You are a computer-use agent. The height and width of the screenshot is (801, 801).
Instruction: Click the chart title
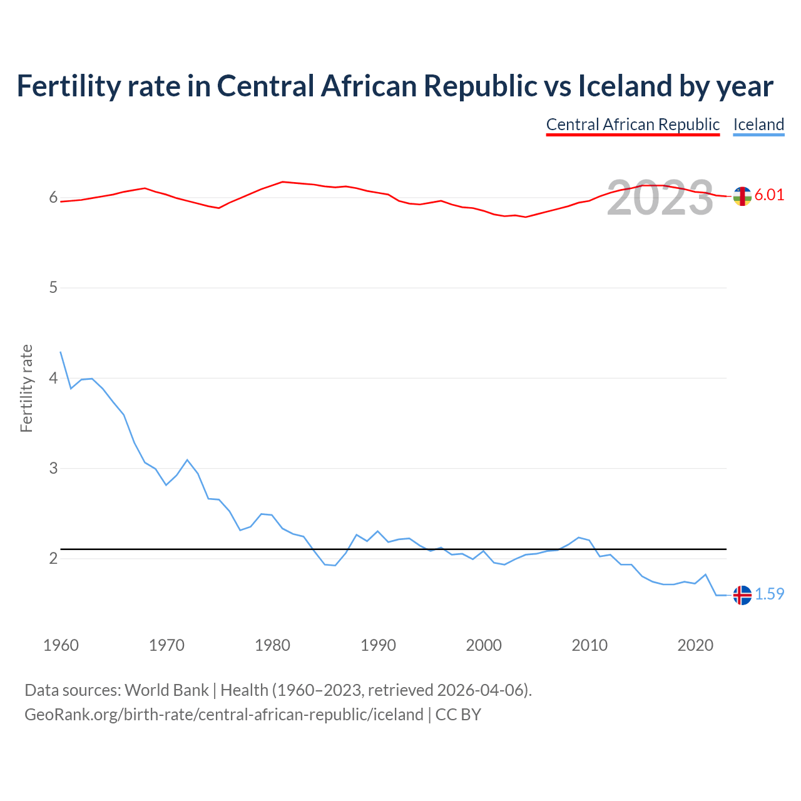tap(395, 86)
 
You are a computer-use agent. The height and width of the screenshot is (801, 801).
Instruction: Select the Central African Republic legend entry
tap(633, 125)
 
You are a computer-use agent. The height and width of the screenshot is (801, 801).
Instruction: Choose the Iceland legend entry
tap(758, 125)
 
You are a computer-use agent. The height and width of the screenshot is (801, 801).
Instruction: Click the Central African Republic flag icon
tap(742, 196)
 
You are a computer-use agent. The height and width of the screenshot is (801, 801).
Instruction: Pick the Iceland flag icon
tap(742, 594)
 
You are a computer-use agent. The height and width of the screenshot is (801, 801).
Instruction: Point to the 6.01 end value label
tap(769, 195)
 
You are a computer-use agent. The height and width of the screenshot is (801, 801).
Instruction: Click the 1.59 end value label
tap(769, 594)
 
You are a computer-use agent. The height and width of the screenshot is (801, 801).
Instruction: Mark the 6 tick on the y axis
tap(53, 198)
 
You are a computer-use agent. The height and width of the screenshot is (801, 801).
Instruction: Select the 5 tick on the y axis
tap(53, 288)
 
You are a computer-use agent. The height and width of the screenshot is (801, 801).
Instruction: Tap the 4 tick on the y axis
tap(53, 378)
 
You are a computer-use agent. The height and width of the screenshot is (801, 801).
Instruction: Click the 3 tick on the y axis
tap(53, 468)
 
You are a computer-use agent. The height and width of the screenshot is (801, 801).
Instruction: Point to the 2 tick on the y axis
tap(53, 558)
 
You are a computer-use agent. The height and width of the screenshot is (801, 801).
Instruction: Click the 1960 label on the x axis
tap(61, 645)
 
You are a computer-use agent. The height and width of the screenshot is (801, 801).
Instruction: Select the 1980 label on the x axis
tap(272, 645)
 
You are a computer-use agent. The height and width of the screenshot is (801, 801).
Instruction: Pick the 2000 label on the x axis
tap(484, 645)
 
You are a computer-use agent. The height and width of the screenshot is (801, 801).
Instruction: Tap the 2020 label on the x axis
tap(695, 645)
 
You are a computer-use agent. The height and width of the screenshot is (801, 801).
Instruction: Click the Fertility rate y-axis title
tap(26, 388)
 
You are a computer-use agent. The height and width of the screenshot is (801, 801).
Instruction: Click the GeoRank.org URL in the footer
tap(224, 715)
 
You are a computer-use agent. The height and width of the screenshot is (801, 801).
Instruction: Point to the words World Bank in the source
tap(166, 690)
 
